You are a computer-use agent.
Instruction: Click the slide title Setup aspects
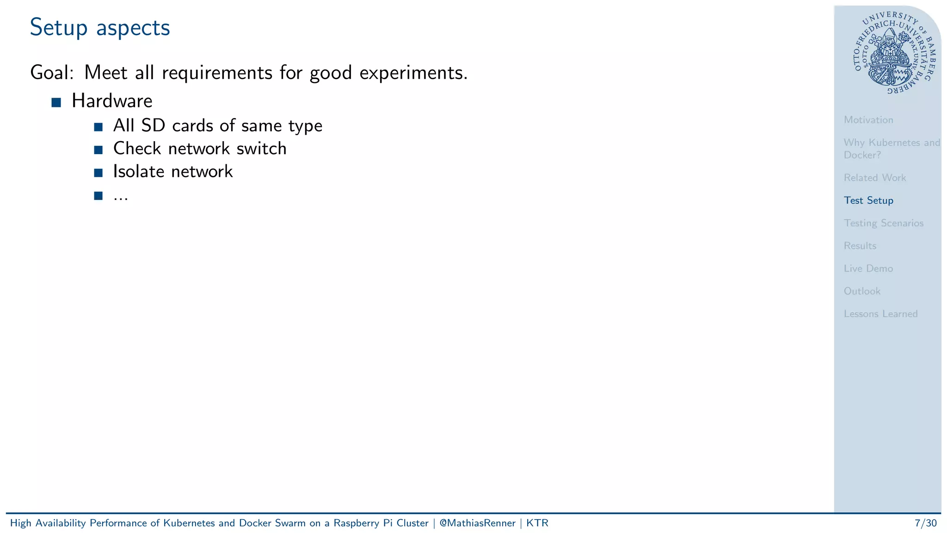click(100, 28)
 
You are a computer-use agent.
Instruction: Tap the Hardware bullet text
click(112, 101)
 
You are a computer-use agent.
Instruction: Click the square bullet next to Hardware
click(56, 103)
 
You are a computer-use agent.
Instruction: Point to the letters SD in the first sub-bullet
click(153, 125)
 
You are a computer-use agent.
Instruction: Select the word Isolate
click(139, 172)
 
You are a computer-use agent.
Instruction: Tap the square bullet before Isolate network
click(98, 173)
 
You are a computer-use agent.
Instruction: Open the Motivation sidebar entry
click(868, 120)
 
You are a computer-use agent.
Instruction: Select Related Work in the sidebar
click(874, 178)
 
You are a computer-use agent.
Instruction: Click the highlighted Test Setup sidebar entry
click(868, 200)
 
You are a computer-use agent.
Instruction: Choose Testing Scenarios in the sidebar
click(883, 223)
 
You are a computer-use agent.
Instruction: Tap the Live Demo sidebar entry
click(868, 268)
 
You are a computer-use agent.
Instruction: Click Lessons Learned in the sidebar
click(880, 314)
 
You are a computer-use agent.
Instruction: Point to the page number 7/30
click(925, 523)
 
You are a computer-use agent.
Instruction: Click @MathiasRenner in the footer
click(477, 523)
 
